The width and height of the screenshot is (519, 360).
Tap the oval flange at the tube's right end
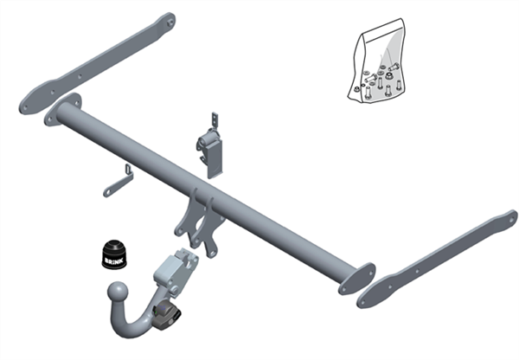(x=356, y=279)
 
